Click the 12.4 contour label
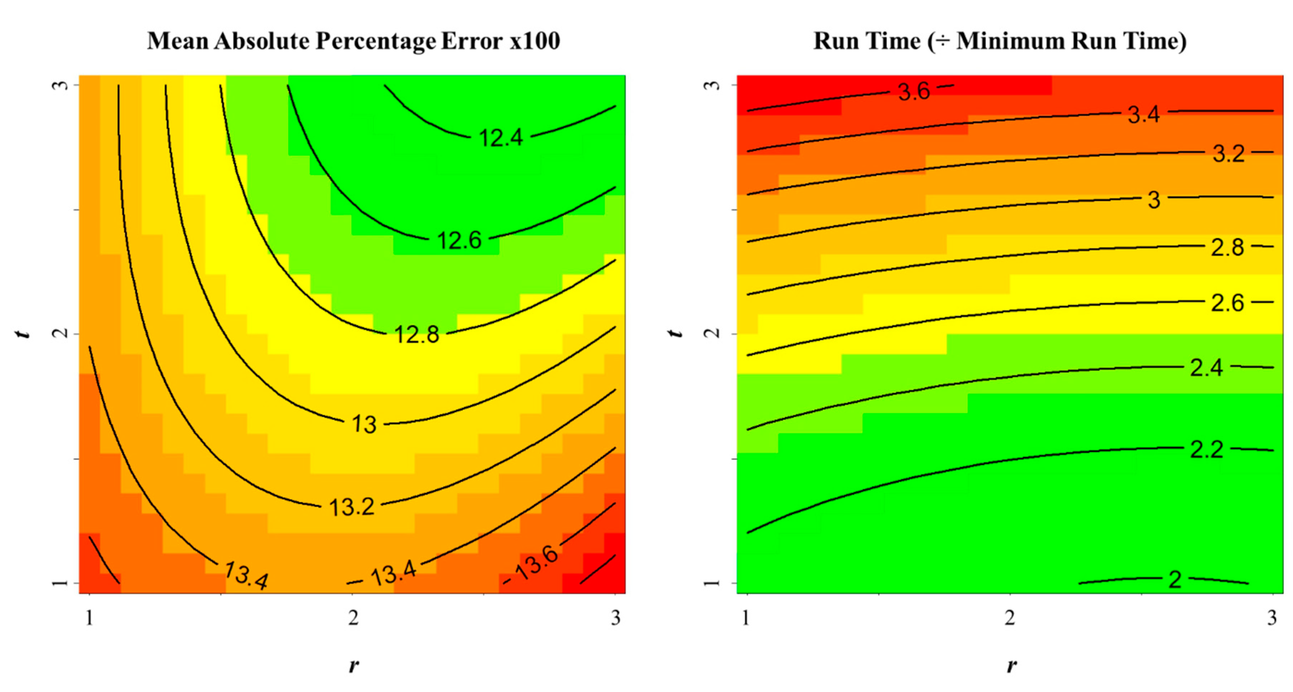click(501, 138)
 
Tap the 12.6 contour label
click(459, 240)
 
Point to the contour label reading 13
click(364, 424)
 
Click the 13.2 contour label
click(352, 507)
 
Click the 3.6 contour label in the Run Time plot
click(913, 91)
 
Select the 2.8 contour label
click(1227, 248)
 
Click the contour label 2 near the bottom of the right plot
click(1175, 580)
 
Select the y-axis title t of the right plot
click(676, 333)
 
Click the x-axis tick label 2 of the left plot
click(353, 618)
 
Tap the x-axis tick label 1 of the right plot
click(746, 618)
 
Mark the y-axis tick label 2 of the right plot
click(712, 333)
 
